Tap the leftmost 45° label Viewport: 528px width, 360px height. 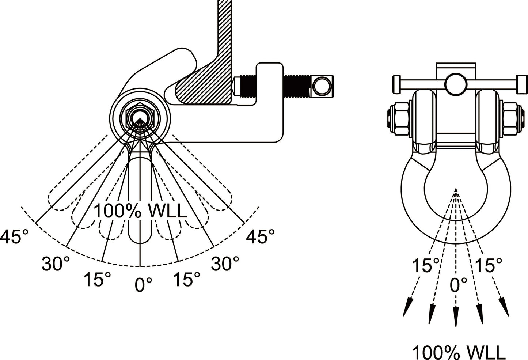[x=14, y=237]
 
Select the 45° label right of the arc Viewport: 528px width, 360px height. [x=260, y=237]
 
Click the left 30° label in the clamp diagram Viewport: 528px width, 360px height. [x=55, y=264]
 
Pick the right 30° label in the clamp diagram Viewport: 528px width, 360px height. [x=225, y=264]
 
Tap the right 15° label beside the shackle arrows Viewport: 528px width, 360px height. [x=489, y=265]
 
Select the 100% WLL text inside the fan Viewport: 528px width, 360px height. [x=141, y=212]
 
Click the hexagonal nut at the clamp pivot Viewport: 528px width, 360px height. [x=140, y=117]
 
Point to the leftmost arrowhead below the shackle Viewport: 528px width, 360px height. [x=407, y=307]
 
